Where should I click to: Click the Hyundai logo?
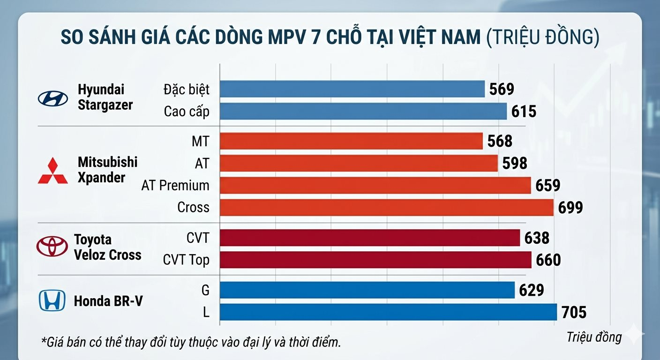coord(52,98)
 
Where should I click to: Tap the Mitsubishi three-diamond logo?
coord(52,171)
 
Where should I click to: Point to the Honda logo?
coord(52,300)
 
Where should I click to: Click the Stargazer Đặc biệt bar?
coord(352,89)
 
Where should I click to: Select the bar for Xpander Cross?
coord(387,208)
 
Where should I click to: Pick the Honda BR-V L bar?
coord(388,312)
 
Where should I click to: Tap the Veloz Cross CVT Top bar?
coord(375,260)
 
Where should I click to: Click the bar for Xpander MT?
coord(351,141)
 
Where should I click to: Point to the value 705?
coord(574,312)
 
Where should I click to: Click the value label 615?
coord(524,112)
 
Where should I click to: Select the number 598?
coord(514,163)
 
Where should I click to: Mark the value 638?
coord(537,238)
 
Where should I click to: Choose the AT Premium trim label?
coord(175,186)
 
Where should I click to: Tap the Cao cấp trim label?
coord(187,112)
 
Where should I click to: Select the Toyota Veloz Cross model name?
coord(107,247)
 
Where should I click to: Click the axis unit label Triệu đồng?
coord(594,337)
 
